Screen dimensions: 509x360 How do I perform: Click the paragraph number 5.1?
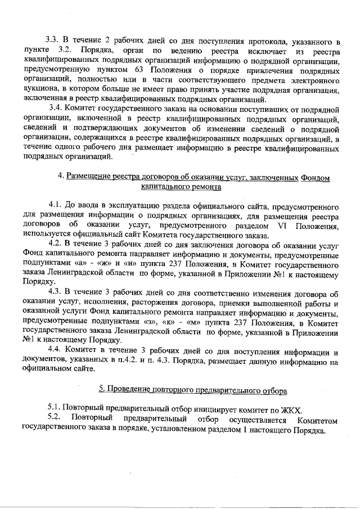pyautogui.click(x=55, y=408)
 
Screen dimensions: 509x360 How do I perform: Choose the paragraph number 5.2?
pyautogui.click(x=55, y=420)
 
